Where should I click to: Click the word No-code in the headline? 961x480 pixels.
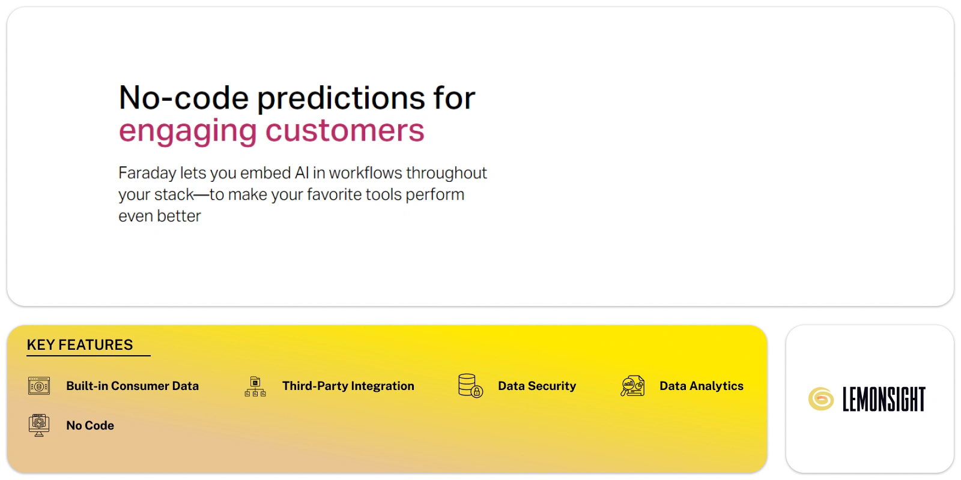point(184,98)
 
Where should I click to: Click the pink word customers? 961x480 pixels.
point(345,130)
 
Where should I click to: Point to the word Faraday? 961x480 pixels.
point(147,174)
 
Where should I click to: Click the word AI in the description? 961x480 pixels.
point(302,173)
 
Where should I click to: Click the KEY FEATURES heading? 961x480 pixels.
point(80,344)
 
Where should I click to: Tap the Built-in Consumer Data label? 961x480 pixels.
point(133,386)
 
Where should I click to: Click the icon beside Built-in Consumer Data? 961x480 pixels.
point(39,386)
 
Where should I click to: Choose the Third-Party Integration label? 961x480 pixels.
point(348,386)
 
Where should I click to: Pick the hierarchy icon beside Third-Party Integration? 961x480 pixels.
point(255,386)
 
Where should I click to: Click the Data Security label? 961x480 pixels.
point(537,386)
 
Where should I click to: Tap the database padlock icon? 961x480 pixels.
point(470,386)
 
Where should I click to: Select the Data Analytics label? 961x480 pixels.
point(701,386)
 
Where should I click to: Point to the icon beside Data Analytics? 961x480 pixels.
point(632,386)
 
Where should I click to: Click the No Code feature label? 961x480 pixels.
point(90,425)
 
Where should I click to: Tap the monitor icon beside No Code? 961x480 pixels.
point(39,425)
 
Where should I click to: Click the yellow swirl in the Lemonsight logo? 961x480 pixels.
point(820,398)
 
